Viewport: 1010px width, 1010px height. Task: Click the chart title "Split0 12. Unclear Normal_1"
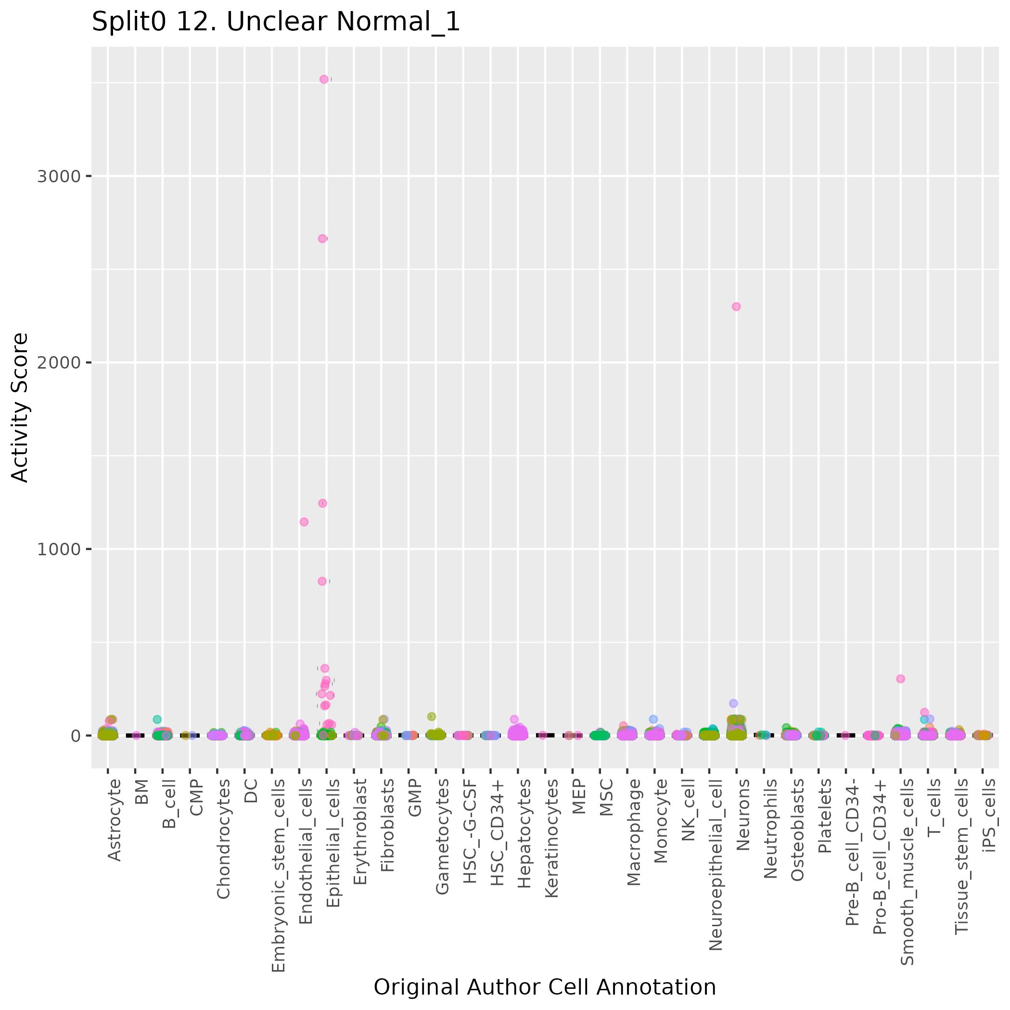tap(276, 23)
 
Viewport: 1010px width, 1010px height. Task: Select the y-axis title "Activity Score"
tap(20, 407)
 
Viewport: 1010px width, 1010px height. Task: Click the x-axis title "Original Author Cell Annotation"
tap(545, 987)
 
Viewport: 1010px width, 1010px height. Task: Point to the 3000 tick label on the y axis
tap(59, 176)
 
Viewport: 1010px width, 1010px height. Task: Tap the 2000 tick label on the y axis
tap(59, 363)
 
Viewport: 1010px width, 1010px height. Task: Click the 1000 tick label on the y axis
tap(59, 550)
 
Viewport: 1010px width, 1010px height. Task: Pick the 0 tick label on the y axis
tap(75, 736)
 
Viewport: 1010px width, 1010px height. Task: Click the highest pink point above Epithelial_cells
tap(324, 79)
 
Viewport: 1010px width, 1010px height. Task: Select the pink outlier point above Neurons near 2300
tap(736, 307)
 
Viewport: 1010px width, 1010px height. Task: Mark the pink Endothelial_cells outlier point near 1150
tap(304, 522)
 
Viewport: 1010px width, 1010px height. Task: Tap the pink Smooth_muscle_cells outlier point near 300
tap(900, 678)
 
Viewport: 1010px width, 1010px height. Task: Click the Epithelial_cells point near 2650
tap(322, 238)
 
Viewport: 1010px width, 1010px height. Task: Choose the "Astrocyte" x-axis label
tap(114, 820)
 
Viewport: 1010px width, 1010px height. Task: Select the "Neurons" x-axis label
tap(743, 815)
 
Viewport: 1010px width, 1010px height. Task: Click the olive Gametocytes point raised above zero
tap(431, 716)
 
